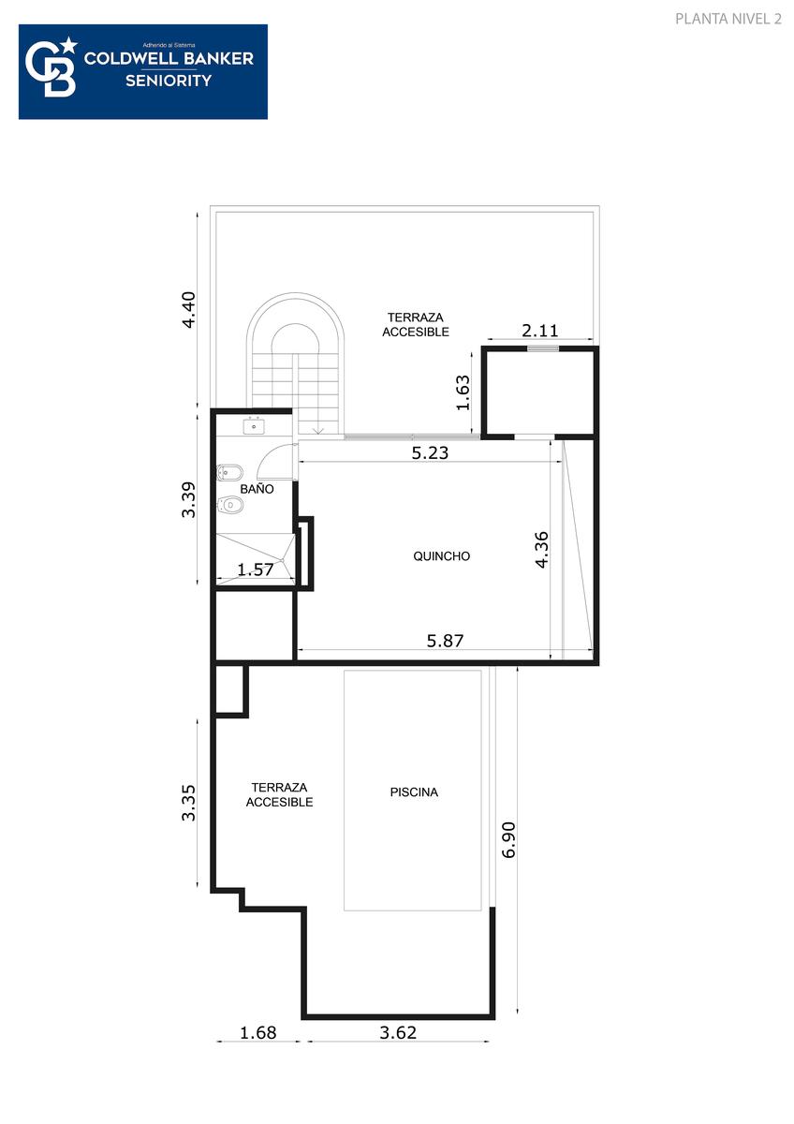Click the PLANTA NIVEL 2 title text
[728, 19]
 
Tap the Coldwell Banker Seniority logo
[143, 72]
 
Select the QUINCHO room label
[441, 556]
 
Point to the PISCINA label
[414, 791]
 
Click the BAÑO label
[257, 489]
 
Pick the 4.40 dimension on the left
[188, 310]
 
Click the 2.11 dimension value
[539, 331]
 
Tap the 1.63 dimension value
[463, 392]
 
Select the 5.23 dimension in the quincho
[430, 452]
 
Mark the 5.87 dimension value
[445, 641]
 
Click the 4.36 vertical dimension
[542, 550]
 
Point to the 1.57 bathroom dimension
[256, 569]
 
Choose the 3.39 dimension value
[188, 499]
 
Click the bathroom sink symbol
[254, 425]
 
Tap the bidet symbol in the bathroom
[230, 472]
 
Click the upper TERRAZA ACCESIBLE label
[416, 325]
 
